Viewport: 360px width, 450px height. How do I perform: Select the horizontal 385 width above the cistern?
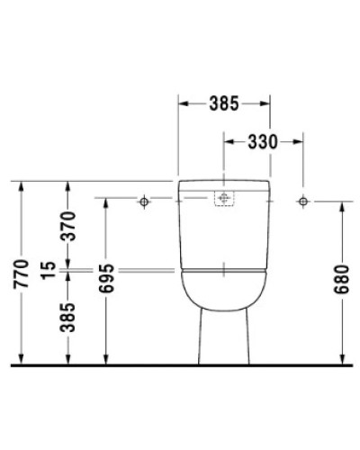click(x=223, y=103)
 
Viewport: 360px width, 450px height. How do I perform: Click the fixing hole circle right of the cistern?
click(x=304, y=200)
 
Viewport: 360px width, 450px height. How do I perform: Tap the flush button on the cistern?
click(x=223, y=200)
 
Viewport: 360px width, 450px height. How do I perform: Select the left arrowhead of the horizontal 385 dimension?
click(x=182, y=103)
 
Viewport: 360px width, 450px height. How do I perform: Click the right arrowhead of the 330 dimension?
click(x=300, y=141)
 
